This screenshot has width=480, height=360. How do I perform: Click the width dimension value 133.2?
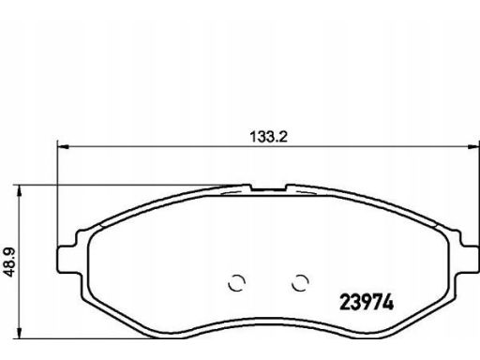click(268, 137)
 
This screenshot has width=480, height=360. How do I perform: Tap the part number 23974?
click(367, 303)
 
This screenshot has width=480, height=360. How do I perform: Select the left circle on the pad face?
click(236, 283)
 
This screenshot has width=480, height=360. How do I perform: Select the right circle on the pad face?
click(300, 283)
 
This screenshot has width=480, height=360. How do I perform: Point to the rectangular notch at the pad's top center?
click(269, 187)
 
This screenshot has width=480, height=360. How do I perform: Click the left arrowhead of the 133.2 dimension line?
click(64, 146)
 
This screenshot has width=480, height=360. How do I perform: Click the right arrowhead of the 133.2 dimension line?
click(473, 146)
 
